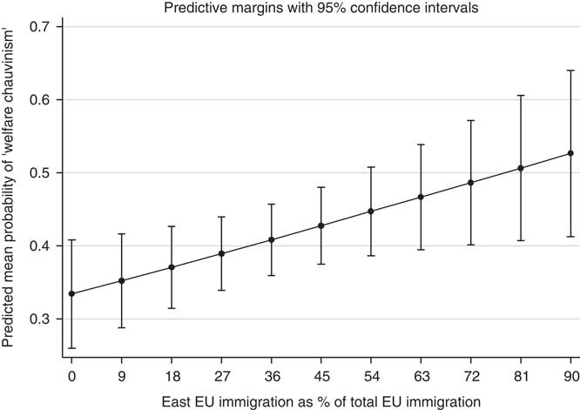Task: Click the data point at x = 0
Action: coord(71,293)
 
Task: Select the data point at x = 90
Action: coord(570,153)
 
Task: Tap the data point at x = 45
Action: coord(321,225)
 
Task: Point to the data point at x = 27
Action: coord(221,253)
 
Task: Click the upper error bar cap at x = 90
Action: coord(570,71)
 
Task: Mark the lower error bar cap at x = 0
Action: coord(71,348)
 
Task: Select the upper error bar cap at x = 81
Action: coord(521,95)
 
